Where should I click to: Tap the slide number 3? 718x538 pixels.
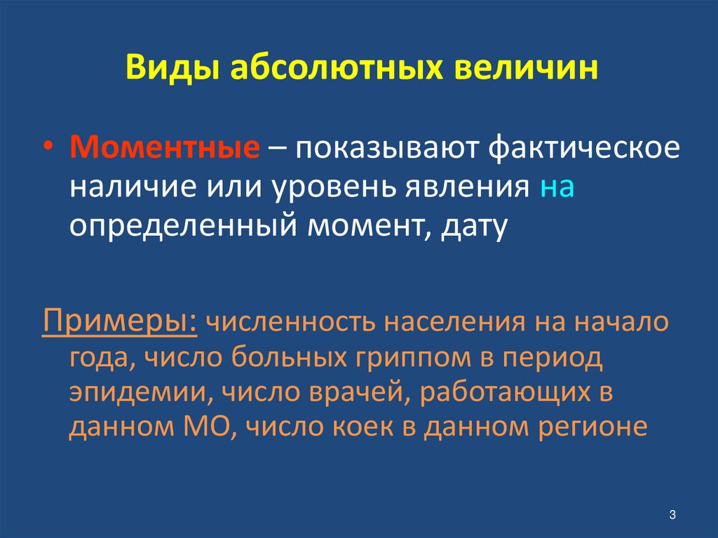(671, 515)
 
